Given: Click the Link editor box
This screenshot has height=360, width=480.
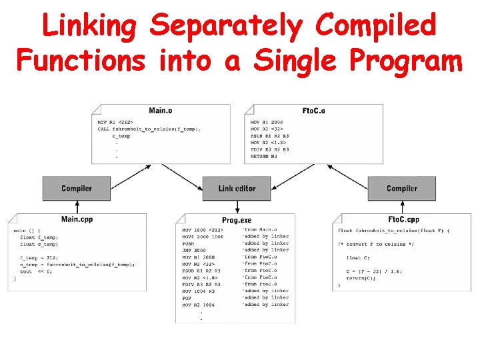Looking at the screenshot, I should (x=237, y=189).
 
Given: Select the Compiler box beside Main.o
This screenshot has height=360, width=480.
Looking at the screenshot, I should (x=77, y=189).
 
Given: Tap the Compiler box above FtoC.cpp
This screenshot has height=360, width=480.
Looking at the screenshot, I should (x=401, y=189).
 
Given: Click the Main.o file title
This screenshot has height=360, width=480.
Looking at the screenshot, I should (x=160, y=111).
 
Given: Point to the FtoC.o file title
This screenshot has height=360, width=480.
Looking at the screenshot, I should (x=313, y=111).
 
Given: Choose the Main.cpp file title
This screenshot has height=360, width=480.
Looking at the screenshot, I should (x=77, y=219).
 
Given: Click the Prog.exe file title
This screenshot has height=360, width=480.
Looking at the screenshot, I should (x=237, y=221).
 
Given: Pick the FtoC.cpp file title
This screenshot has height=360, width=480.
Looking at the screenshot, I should (x=403, y=219).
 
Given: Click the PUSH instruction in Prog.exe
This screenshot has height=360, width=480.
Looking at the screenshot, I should (x=189, y=243).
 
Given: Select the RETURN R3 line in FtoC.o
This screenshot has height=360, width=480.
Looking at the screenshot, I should (x=265, y=156).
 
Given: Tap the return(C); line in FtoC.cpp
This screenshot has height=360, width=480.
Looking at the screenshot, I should (x=361, y=277).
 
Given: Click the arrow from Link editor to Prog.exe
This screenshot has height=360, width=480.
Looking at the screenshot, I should (x=237, y=207).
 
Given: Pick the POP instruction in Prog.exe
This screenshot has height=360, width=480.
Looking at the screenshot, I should (x=187, y=298).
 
